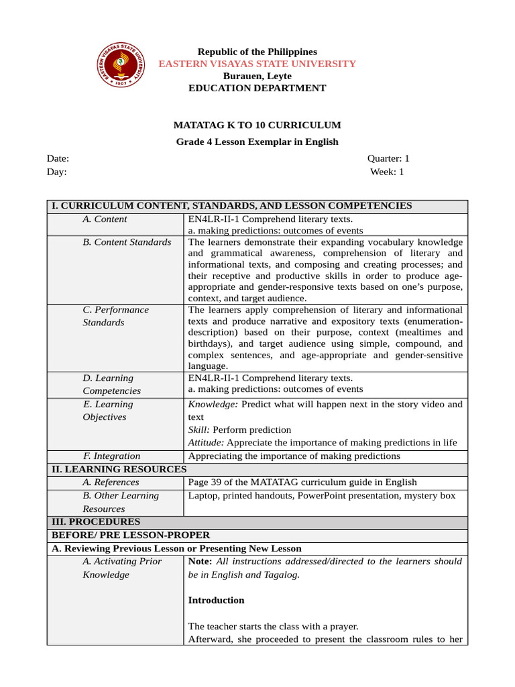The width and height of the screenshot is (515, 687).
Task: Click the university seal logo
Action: tap(122, 64)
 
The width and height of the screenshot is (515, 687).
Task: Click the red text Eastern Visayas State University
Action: tap(257, 64)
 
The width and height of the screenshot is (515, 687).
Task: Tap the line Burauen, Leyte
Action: tap(257, 76)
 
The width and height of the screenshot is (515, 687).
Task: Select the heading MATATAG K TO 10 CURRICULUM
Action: tap(257, 125)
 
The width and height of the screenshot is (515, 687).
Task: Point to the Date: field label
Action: tap(58, 159)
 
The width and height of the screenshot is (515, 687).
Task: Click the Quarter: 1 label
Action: tap(388, 159)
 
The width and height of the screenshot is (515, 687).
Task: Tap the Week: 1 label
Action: tap(387, 172)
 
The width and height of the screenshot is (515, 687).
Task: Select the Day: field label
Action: tap(57, 172)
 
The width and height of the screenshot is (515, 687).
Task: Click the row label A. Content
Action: tap(105, 219)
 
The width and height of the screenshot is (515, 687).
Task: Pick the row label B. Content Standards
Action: tap(127, 242)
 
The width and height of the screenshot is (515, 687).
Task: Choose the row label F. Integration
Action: tap(111, 456)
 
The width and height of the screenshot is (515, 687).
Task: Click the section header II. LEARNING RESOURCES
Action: tap(119, 469)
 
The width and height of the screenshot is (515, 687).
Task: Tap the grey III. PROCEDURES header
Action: tap(96, 521)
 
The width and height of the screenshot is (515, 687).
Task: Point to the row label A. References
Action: tap(111, 482)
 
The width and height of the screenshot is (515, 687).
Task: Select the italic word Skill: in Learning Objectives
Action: tap(198, 430)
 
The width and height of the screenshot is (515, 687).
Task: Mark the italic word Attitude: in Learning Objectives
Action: tap(209, 443)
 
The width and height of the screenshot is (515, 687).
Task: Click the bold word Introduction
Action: tap(216, 600)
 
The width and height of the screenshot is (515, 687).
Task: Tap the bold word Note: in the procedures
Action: tap(201, 562)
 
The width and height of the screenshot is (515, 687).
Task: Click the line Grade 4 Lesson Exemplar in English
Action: tap(257, 142)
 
